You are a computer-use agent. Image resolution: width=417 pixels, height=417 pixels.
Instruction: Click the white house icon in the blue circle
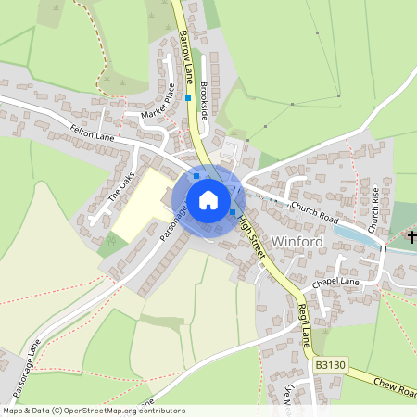pyautogui.click(x=208, y=199)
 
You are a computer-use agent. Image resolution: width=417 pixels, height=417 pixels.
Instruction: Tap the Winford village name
pyautogui.click(x=297, y=242)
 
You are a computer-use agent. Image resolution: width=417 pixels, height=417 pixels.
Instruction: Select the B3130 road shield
pyautogui.click(x=330, y=366)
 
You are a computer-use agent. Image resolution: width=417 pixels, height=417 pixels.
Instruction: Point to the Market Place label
pyautogui.click(x=157, y=100)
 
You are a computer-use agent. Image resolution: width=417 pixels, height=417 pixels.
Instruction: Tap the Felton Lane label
pyautogui.click(x=92, y=135)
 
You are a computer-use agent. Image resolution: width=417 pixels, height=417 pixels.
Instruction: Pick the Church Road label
pyautogui.click(x=315, y=211)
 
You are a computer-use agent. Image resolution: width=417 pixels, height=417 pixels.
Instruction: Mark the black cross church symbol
pyautogui.click(x=411, y=238)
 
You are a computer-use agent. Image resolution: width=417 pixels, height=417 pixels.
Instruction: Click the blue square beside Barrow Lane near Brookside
pyautogui.click(x=188, y=97)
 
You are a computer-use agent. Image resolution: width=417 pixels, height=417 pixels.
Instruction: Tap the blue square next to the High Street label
pyautogui.click(x=232, y=212)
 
